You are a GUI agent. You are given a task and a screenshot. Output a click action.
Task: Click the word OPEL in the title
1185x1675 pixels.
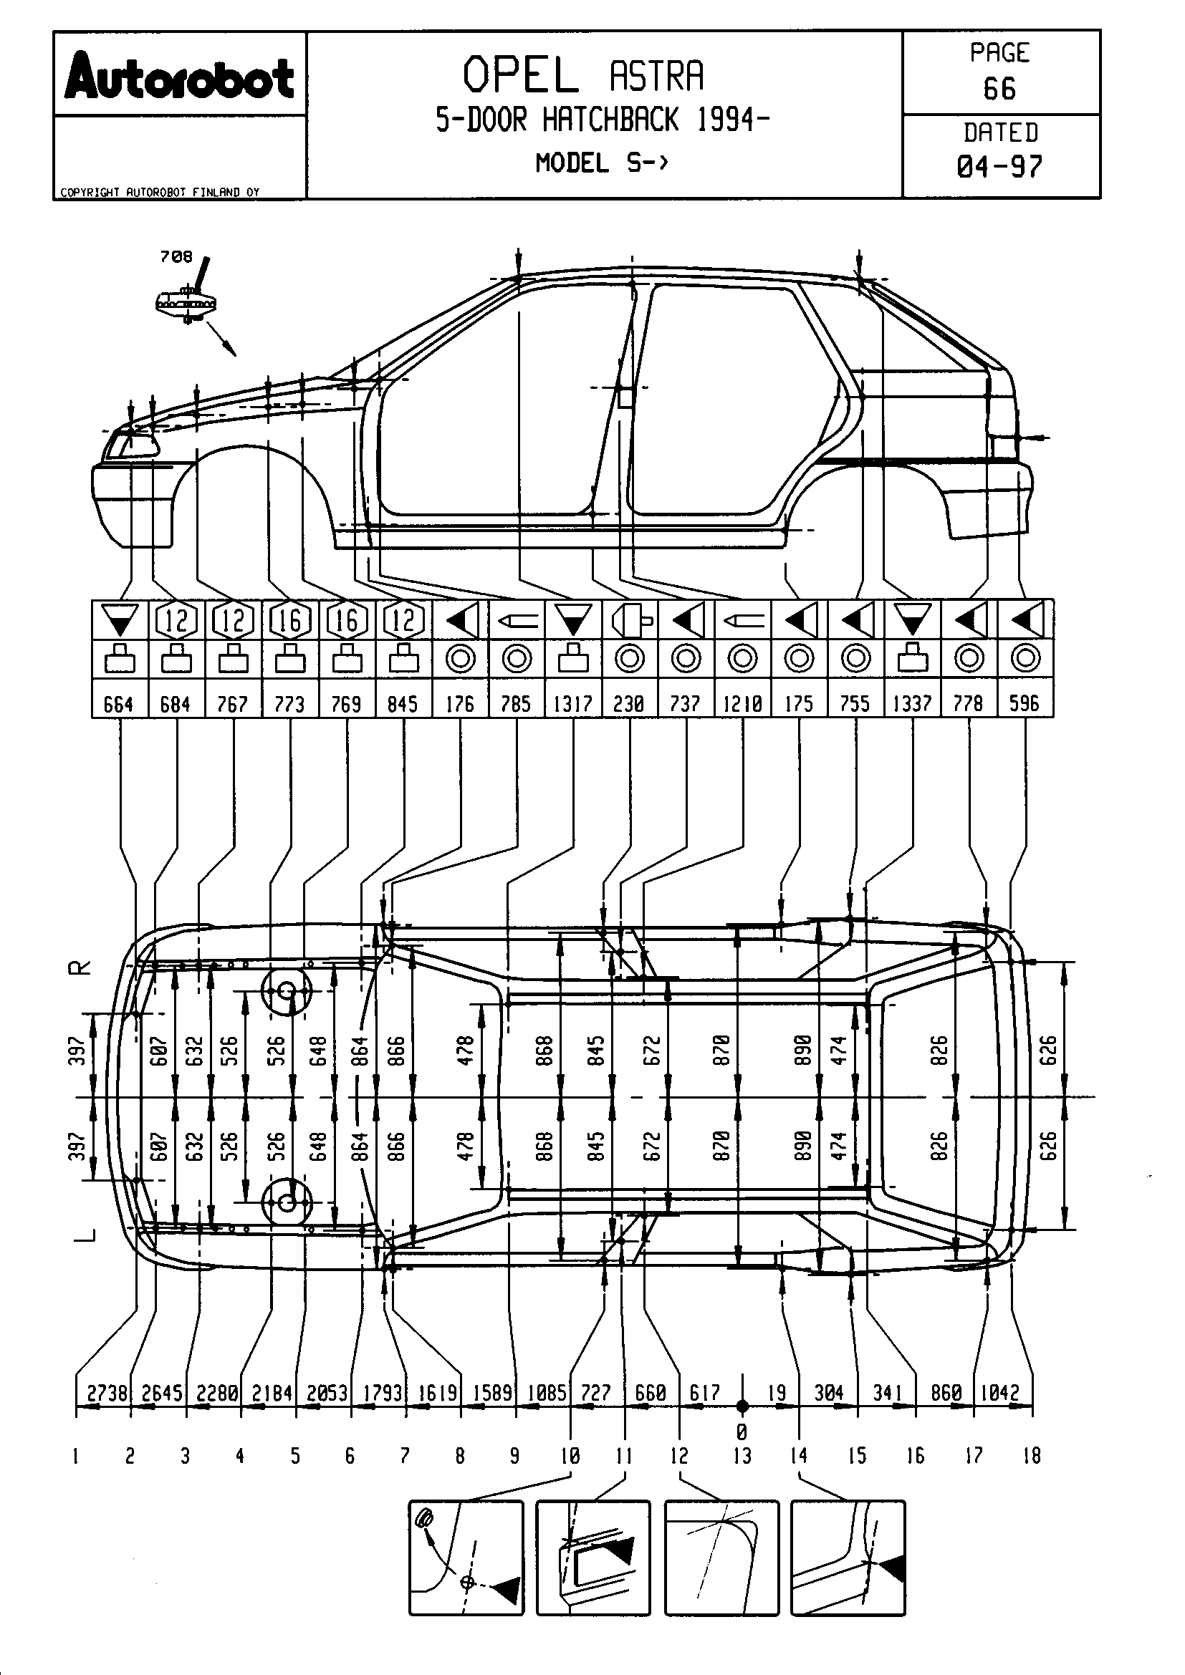point(520,75)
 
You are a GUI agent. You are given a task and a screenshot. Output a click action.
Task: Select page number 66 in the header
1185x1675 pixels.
point(999,89)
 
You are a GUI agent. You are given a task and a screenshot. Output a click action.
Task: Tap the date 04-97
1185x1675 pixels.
point(999,167)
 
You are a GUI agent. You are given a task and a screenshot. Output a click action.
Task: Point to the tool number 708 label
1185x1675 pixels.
point(176,257)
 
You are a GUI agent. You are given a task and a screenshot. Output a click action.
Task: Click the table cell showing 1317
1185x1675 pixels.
point(573,703)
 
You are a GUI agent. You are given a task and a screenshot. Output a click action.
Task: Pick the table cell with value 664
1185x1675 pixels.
point(119,703)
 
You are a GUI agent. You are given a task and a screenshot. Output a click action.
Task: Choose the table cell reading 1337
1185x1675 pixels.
point(912,703)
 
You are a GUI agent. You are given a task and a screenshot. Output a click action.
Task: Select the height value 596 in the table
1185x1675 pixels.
point(1025,703)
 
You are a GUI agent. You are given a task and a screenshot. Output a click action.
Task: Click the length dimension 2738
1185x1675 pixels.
point(107,1393)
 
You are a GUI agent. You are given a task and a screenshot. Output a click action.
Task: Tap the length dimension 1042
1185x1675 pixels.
point(999,1393)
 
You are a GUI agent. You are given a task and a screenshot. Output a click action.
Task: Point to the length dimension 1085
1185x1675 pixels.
point(547,1393)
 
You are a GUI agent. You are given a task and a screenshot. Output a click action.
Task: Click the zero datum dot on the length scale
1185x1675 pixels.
point(742,1405)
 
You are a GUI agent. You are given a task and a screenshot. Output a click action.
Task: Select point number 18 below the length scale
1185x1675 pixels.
point(1031,1456)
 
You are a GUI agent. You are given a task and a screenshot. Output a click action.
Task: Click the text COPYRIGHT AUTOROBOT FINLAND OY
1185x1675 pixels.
point(159,193)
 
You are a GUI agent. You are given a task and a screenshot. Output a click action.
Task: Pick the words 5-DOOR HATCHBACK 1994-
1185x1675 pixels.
point(602,120)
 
